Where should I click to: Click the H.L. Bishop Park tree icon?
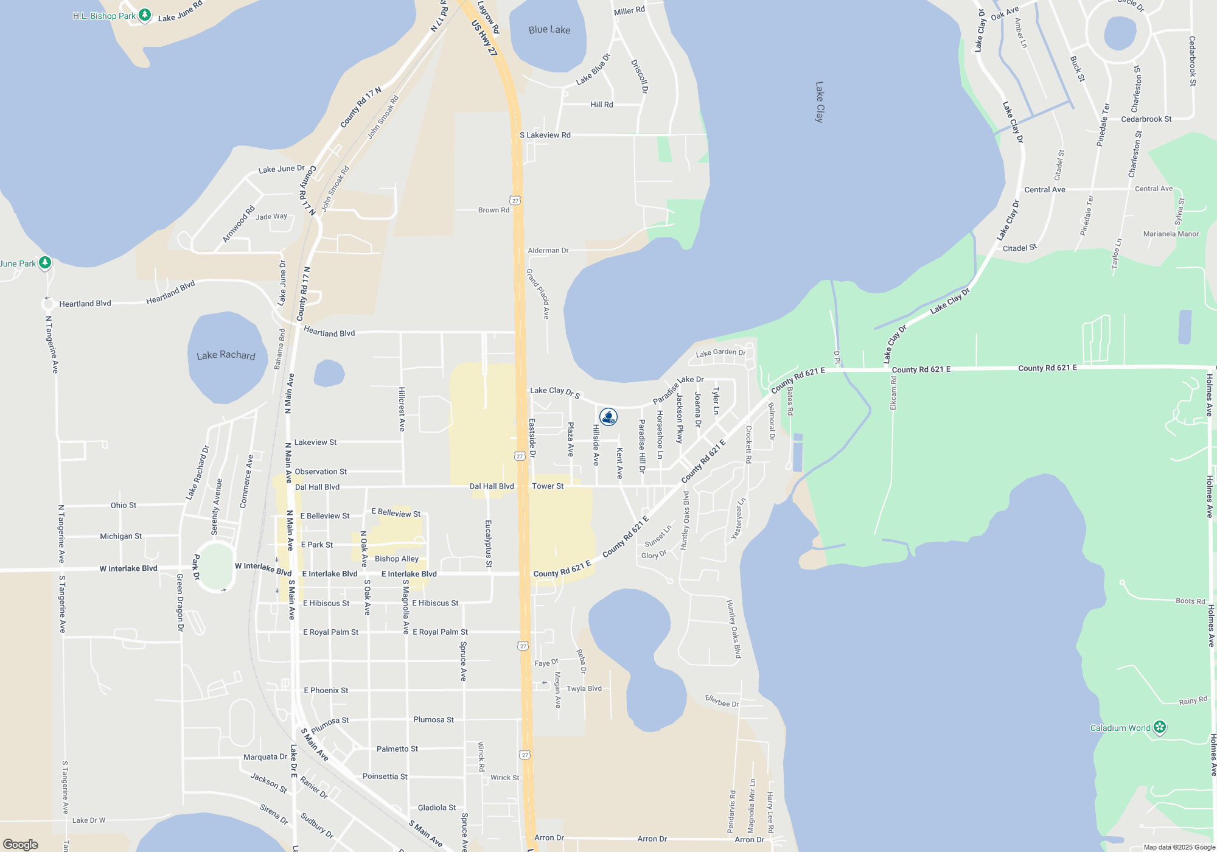point(145,15)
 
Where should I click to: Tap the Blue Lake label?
point(549,30)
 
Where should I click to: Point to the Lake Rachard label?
point(226,355)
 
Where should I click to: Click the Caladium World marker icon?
point(1160,727)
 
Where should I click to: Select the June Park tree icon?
point(44,263)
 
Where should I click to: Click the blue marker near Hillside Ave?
point(608,417)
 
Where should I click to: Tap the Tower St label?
point(548,486)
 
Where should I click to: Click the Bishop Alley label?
point(397,559)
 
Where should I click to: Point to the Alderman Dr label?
point(548,250)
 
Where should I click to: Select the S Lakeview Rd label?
point(545,135)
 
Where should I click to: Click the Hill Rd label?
point(602,105)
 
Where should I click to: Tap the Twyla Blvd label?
point(584,689)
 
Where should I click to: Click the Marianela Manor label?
point(1171,234)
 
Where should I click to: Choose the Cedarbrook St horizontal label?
point(1146,119)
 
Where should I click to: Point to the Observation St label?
point(321,472)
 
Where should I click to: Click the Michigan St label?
point(120,536)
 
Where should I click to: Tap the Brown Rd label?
point(493,210)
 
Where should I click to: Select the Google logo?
point(21,845)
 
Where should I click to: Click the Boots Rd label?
point(1190,601)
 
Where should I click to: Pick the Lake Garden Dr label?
point(720,353)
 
